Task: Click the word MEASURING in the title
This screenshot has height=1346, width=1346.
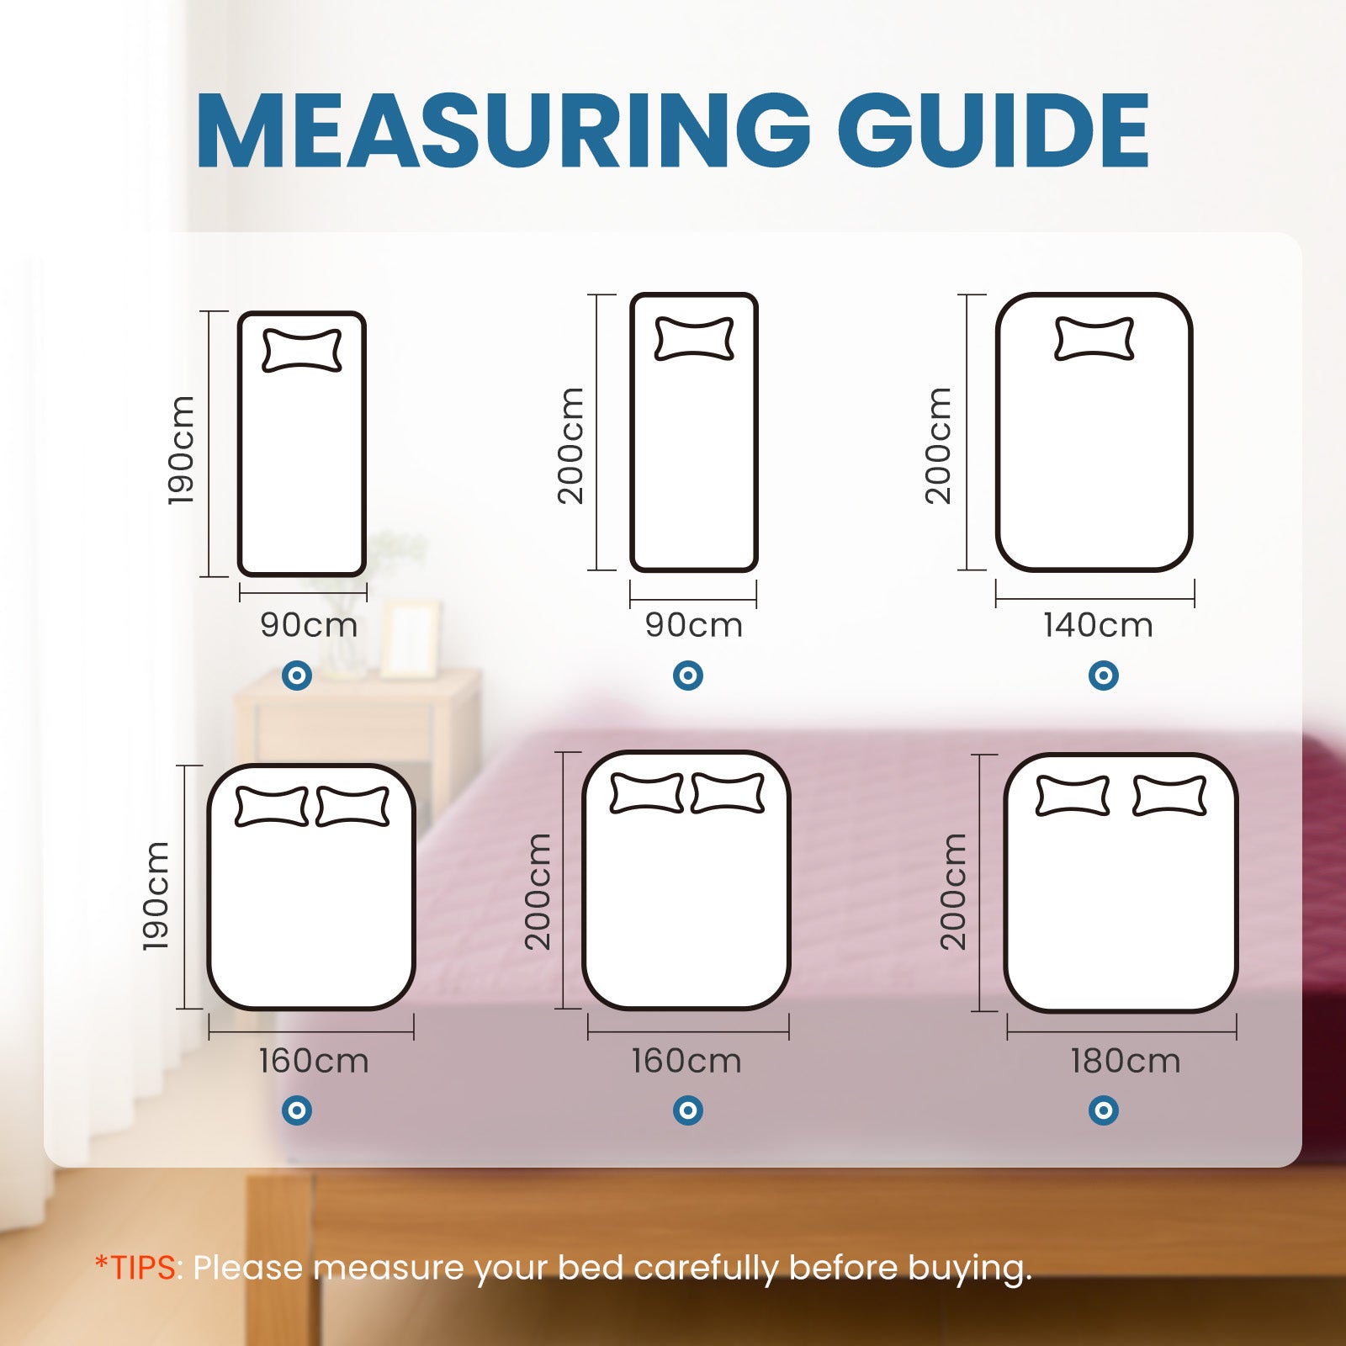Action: click(501, 133)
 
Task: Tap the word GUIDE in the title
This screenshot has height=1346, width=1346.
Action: click(993, 133)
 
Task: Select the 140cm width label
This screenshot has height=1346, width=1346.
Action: click(1098, 625)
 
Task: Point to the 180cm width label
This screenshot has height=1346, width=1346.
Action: click(1126, 1061)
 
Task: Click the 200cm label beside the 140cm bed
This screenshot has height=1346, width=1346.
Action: click(938, 446)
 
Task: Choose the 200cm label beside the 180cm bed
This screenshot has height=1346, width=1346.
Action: click(953, 892)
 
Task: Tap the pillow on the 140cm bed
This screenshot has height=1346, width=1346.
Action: click(1094, 339)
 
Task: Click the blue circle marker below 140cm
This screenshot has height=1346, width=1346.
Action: click(1103, 675)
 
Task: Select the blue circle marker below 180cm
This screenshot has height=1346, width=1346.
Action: click(1103, 1110)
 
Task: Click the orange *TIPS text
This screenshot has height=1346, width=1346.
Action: click(136, 1267)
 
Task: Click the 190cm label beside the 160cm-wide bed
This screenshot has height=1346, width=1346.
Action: click(156, 896)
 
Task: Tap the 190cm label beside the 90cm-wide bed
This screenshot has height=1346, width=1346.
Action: click(182, 450)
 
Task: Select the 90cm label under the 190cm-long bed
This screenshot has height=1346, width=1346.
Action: click(309, 625)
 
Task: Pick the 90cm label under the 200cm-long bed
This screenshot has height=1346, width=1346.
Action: click(694, 625)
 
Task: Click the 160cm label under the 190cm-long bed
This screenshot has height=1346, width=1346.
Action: click(314, 1061)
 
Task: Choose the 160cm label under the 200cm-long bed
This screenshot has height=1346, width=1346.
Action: click(686, 1061)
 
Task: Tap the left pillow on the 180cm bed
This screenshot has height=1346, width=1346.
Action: click(1072, 796)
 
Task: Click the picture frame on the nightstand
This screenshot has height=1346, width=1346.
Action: click(410, 639)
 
